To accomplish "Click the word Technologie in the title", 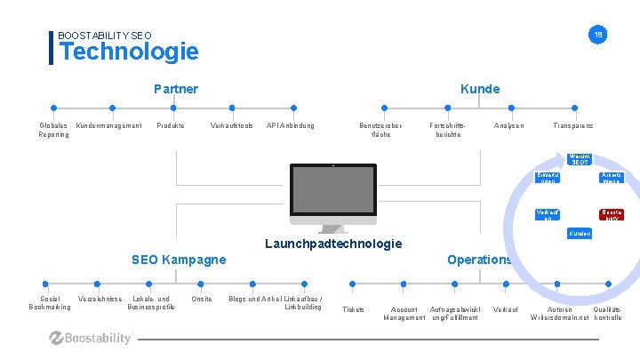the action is pos(129,52).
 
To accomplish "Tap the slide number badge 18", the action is pos(599,35).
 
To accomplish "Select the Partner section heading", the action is pos(176,89).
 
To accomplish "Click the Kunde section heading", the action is pos(479,89).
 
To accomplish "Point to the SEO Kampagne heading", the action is pos(179,260).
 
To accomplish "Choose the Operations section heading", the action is pos(479,260).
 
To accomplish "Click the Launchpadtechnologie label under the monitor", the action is pos(333,244).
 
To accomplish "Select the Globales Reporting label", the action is pos(53,130).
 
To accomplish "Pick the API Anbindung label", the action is pos(290,125).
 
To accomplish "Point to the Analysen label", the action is pos(508,125).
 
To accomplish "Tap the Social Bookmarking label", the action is pos(50,303).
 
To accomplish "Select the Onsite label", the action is pos(201,299).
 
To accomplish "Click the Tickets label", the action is pos(353,309).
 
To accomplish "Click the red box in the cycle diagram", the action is pos(612,214).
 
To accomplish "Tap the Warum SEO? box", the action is pos(580,160).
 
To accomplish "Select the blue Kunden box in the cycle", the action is pos(580,233).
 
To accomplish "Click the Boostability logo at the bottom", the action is pos(91,338).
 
